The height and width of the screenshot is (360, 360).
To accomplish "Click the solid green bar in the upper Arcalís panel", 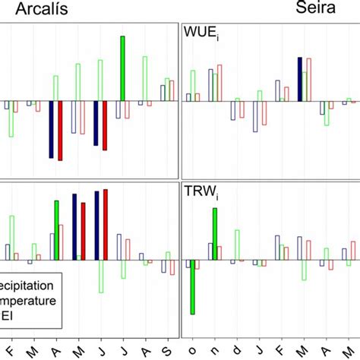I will click(x=122, y=68).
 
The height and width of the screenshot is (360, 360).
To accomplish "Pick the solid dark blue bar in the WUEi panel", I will click(x=300, y=78).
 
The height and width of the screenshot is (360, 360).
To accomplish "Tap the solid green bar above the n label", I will click(x=215, y=234).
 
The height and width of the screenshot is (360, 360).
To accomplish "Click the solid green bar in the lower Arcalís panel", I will click(x=56, y=230).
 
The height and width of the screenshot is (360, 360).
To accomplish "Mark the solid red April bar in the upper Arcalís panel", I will click(x=60, y=130).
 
